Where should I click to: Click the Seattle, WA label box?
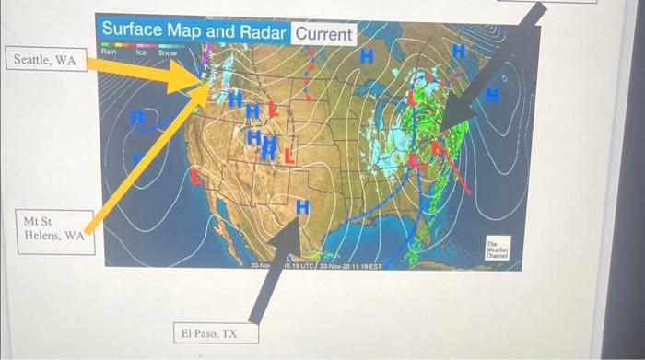click(x=44, y=61)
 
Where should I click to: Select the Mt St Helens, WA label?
click(x=54, y=228)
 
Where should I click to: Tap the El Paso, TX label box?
click(x=207, y=332)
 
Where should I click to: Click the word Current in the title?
click(x=323, y=35)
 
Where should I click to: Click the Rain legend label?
click(x=109, y=52)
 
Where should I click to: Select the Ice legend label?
click(x=141, y=52)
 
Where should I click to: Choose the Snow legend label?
click(x=168, y=53)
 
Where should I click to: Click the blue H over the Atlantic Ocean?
click(x=492, y=94)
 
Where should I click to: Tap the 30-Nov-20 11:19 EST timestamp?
click(x=353, y=265)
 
